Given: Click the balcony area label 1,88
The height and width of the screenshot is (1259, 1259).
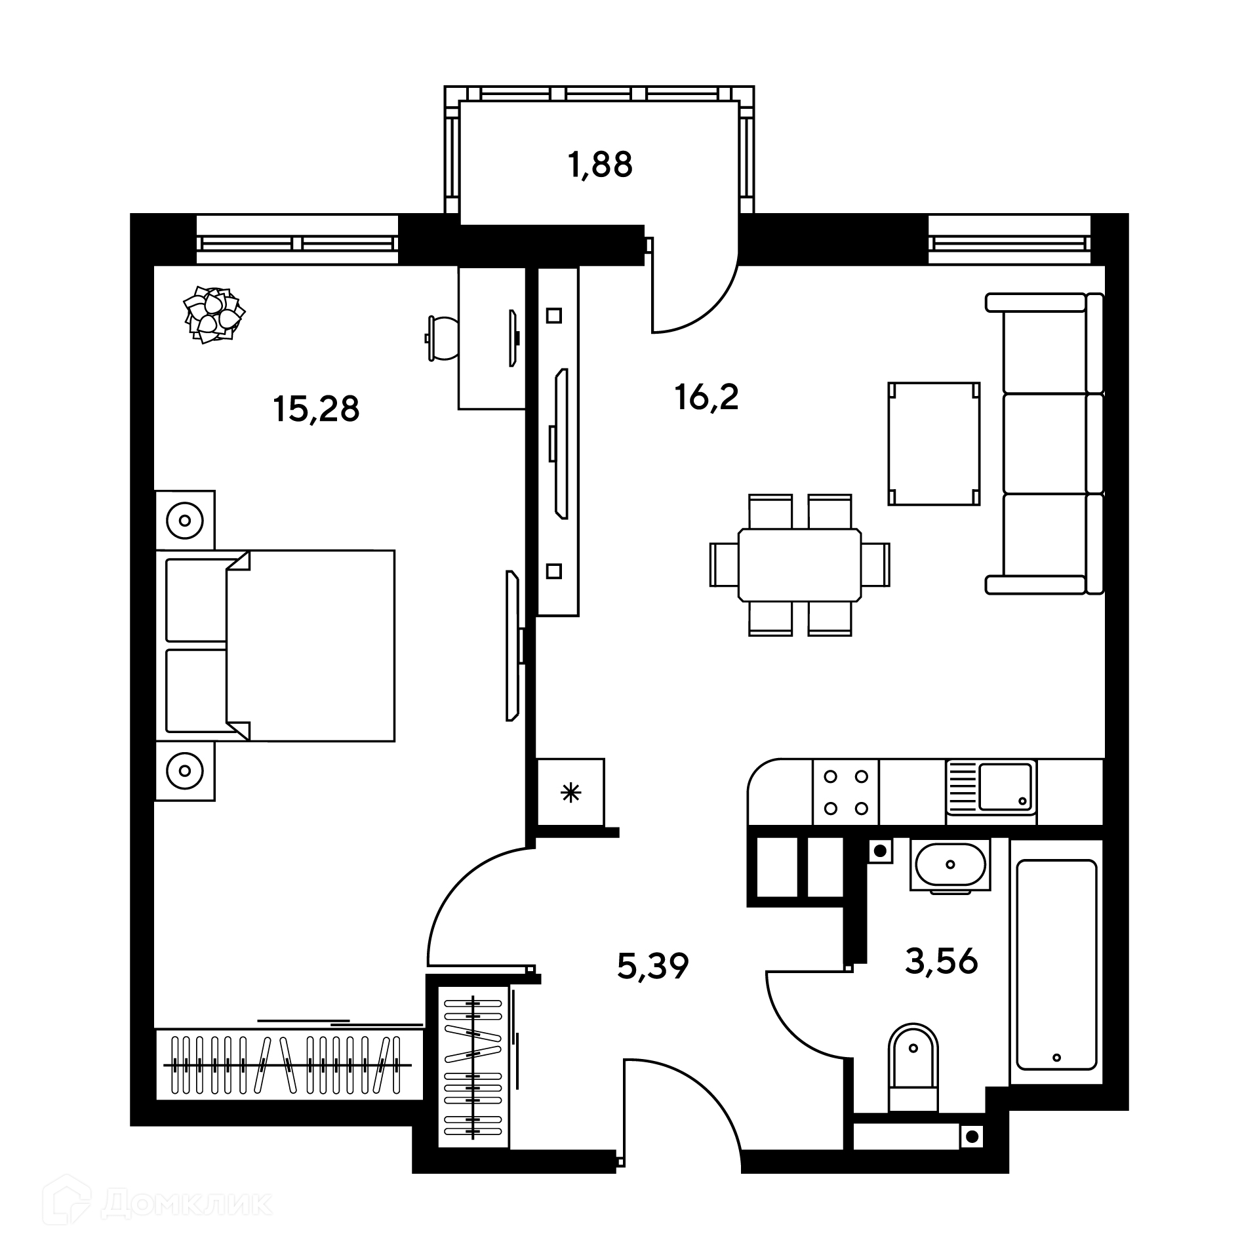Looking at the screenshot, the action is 601,165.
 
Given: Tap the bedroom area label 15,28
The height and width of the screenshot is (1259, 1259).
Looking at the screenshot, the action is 316,409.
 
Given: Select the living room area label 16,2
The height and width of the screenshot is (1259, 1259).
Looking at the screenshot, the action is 707,397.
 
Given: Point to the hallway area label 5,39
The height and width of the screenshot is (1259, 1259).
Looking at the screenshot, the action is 653,966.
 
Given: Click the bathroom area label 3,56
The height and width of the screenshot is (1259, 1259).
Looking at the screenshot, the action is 942,962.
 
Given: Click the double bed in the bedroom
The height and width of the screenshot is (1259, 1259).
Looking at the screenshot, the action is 275,646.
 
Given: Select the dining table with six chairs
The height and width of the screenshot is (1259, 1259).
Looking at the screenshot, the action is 800,565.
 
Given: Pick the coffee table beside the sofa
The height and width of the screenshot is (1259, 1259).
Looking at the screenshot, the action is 934,444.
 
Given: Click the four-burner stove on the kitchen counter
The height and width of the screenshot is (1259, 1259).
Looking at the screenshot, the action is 846,792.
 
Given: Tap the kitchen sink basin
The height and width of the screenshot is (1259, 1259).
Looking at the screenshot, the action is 1005,786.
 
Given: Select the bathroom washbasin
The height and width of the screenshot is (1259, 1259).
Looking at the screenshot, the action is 950,866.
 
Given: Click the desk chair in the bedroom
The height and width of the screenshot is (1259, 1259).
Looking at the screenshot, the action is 441,338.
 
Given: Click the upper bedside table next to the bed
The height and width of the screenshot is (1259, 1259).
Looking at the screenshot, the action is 185,520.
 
